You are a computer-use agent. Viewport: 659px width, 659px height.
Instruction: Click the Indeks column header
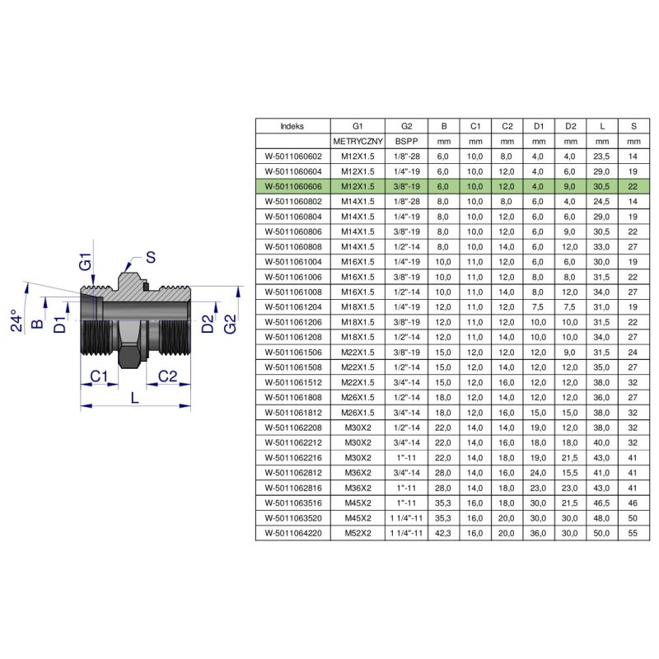[292, 127]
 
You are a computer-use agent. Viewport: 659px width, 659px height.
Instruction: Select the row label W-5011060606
[292, 186]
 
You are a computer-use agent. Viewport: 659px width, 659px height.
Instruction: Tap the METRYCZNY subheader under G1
[358, 142]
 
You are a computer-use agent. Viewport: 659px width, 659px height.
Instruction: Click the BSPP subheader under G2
[407, 142]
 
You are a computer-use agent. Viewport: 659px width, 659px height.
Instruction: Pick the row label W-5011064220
[292, 532]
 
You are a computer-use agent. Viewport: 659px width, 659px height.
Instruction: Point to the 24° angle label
[19, 320]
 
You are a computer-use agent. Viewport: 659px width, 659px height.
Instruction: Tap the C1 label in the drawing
[100, 376]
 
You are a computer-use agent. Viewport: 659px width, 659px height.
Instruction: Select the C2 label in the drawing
[168, 376]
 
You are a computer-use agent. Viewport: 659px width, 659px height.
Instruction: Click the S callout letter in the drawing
[151, 257]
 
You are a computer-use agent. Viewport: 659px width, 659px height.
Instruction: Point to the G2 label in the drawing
[231, 324]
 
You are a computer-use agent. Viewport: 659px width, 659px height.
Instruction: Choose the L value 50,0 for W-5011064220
[603, 532]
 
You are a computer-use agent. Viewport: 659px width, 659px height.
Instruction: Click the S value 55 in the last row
[633, 532]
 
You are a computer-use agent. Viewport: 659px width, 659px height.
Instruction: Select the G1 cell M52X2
[358, 532]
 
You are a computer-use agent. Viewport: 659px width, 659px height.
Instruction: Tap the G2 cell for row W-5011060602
[407, 157]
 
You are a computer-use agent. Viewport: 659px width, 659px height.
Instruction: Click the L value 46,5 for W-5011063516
[603, 502]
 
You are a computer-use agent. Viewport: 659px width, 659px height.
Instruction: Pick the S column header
[633, 127]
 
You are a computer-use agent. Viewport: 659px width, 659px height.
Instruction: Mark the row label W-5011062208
[292, 428]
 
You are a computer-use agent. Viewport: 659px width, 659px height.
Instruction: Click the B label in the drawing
[36, 324]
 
